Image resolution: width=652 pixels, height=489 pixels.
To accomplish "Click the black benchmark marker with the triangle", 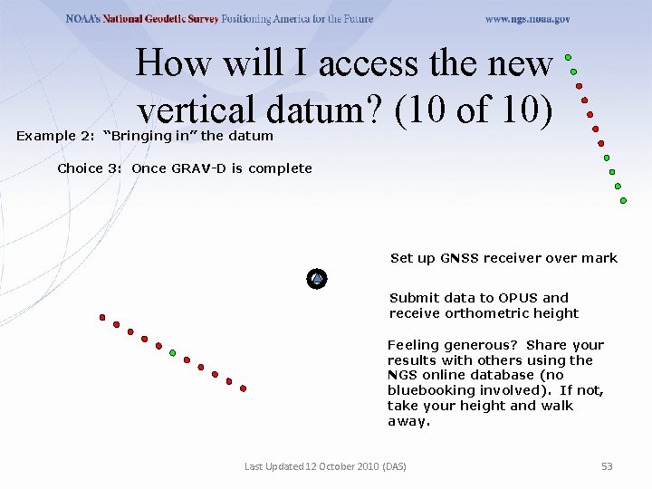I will pos(317,279).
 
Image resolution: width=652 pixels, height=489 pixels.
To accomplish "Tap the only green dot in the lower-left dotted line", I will pos(173,353).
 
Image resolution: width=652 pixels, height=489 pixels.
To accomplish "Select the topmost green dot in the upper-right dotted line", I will pos(569,57).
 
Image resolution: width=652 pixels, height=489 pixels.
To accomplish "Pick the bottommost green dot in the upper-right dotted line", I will pos(623,200).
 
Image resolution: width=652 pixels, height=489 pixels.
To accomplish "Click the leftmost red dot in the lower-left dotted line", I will pos(102,318).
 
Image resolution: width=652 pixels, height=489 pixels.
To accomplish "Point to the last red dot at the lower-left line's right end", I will pos(244,388).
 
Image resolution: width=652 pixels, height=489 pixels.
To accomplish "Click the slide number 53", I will pos(607,466).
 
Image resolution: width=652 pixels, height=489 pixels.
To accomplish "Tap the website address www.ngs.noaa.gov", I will pos(527,19).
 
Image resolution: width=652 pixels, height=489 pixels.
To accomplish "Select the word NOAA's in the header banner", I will pos(87,19).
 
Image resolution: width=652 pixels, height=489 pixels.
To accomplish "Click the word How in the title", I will pos(172,63).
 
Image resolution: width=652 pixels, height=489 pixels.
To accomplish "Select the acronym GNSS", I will pos(459,258).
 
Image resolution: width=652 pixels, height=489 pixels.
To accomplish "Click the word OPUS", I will pos(518,298).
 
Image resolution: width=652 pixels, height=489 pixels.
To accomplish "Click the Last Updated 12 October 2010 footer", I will pos(325,466).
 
